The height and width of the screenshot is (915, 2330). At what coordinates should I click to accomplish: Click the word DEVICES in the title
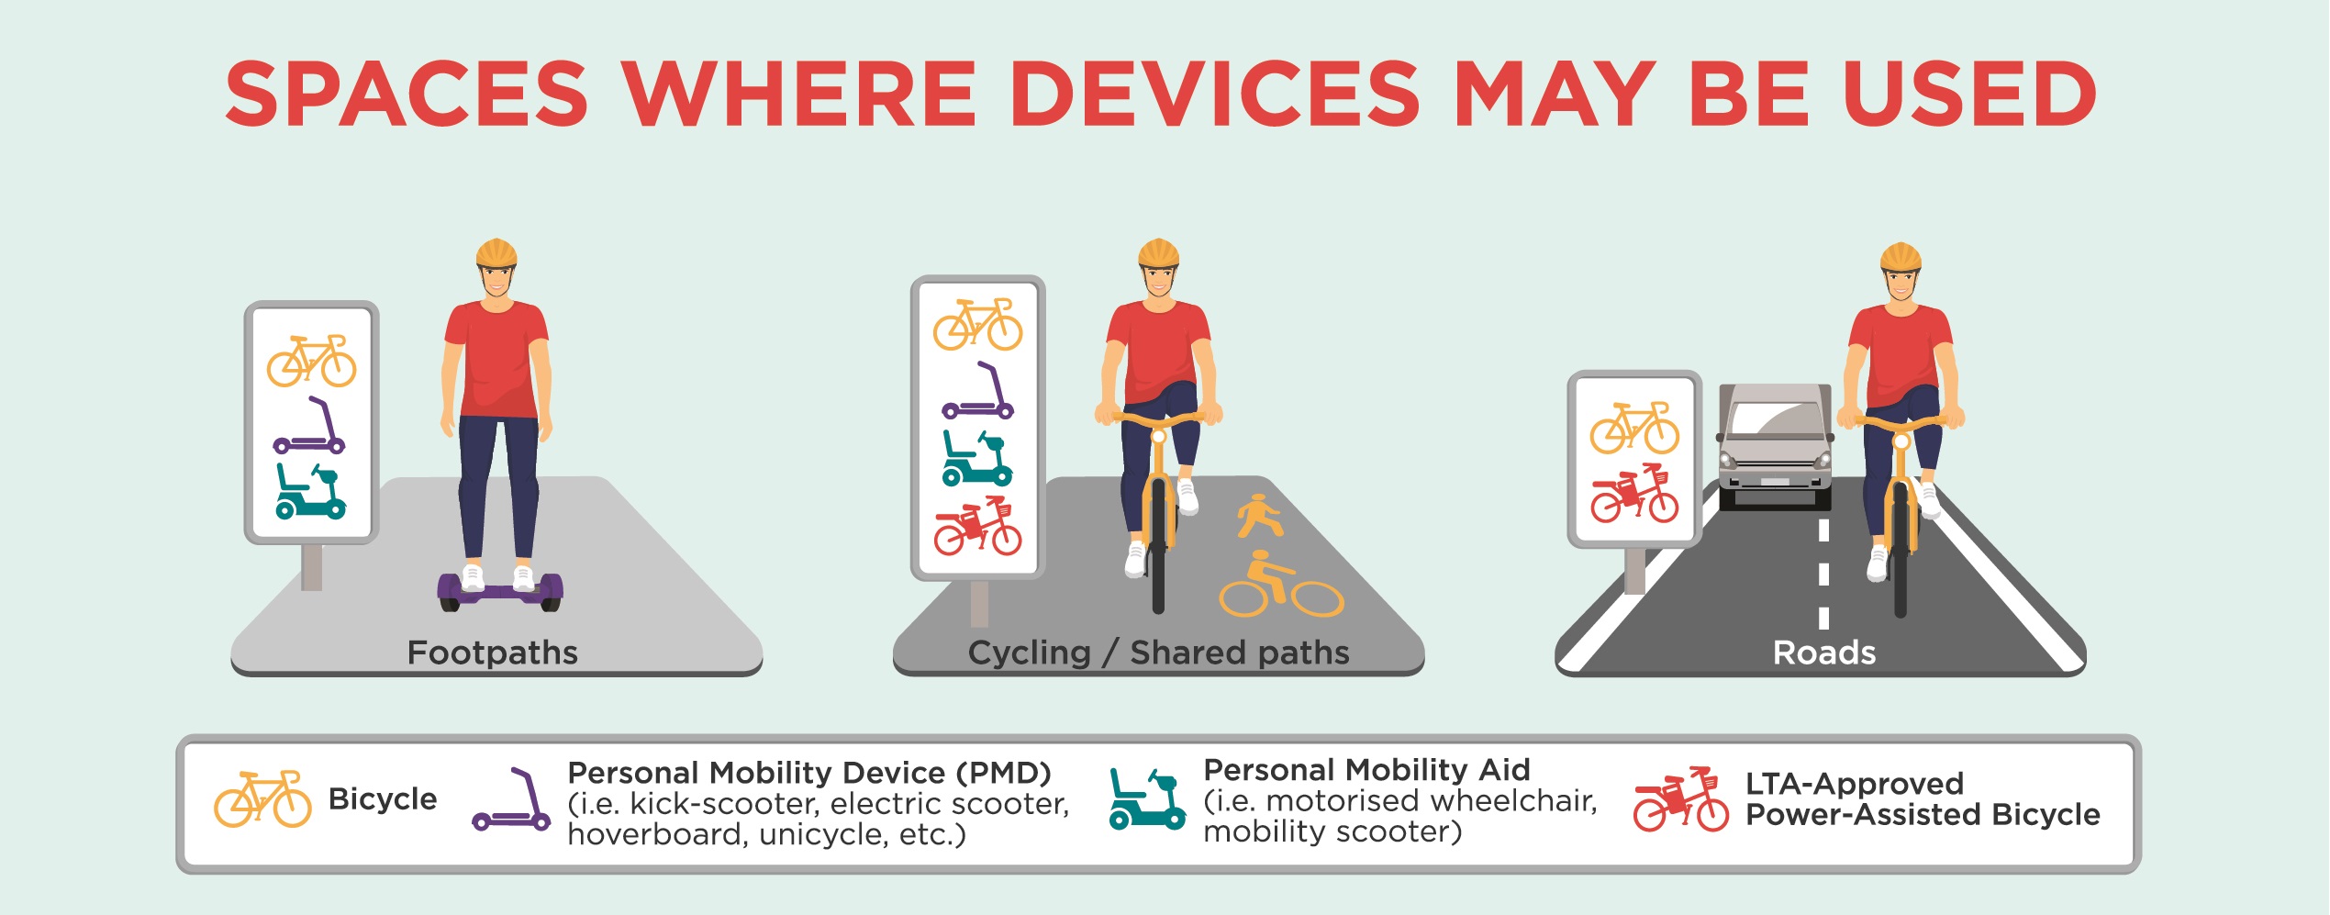click(x=1214, y=95)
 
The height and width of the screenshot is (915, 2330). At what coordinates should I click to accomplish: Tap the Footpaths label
click(x=492, y=653)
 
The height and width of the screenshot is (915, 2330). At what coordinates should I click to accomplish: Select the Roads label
click(x=1824, y=653)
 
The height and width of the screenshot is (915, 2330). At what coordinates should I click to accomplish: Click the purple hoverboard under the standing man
click(x=500, y=592)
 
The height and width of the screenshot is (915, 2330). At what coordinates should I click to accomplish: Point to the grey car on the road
click(x=1775, y=446)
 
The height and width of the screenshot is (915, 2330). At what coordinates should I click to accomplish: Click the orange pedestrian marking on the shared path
click(x=1259, y=516)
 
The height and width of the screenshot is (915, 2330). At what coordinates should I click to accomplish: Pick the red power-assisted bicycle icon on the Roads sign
click(x=1634, y=494)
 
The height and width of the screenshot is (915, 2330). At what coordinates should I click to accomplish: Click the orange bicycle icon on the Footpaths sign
click(x=311, y=361)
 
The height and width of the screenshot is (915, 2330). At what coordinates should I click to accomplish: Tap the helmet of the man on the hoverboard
click(x=496, y=252)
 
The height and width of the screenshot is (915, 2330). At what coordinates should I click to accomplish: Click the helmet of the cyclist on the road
click(x=1901, y=257)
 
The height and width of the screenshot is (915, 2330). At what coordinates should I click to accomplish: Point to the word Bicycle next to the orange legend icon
click(x=383, y=799)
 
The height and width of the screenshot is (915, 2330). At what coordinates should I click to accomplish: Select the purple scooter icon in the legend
click(x=511, y=799)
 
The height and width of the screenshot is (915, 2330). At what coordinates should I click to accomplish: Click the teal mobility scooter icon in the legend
click(x=1147, y=799)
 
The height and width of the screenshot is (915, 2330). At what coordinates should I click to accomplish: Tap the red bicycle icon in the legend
click(x=1681, y=799)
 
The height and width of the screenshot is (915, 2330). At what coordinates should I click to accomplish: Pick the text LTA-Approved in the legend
click(x=1855, y=784)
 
